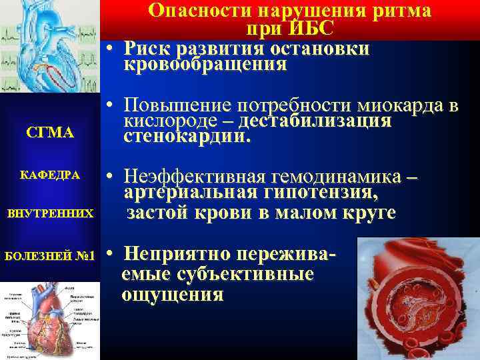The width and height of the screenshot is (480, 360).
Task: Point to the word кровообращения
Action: [x=205, y=65]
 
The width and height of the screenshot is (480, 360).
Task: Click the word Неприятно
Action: [x=173, y=255]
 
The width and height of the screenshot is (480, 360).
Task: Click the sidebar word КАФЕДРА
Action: [x=51, y=175]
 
